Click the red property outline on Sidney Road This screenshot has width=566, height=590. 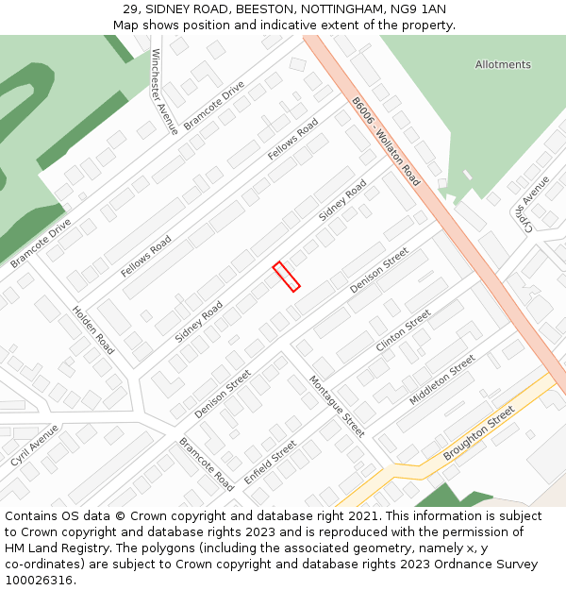286,277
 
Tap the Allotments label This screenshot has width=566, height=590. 503,65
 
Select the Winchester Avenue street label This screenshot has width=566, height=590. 164,93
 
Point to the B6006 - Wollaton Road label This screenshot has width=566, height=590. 386,141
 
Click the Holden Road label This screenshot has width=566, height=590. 93,329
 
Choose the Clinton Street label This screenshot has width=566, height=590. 403,330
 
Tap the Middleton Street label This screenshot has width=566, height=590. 442,380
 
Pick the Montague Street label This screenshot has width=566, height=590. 337,406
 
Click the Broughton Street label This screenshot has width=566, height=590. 479,433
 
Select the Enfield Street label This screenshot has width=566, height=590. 271,462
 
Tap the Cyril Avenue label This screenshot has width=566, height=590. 35,445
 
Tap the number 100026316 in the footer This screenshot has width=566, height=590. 39,581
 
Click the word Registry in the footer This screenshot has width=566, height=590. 97,548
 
